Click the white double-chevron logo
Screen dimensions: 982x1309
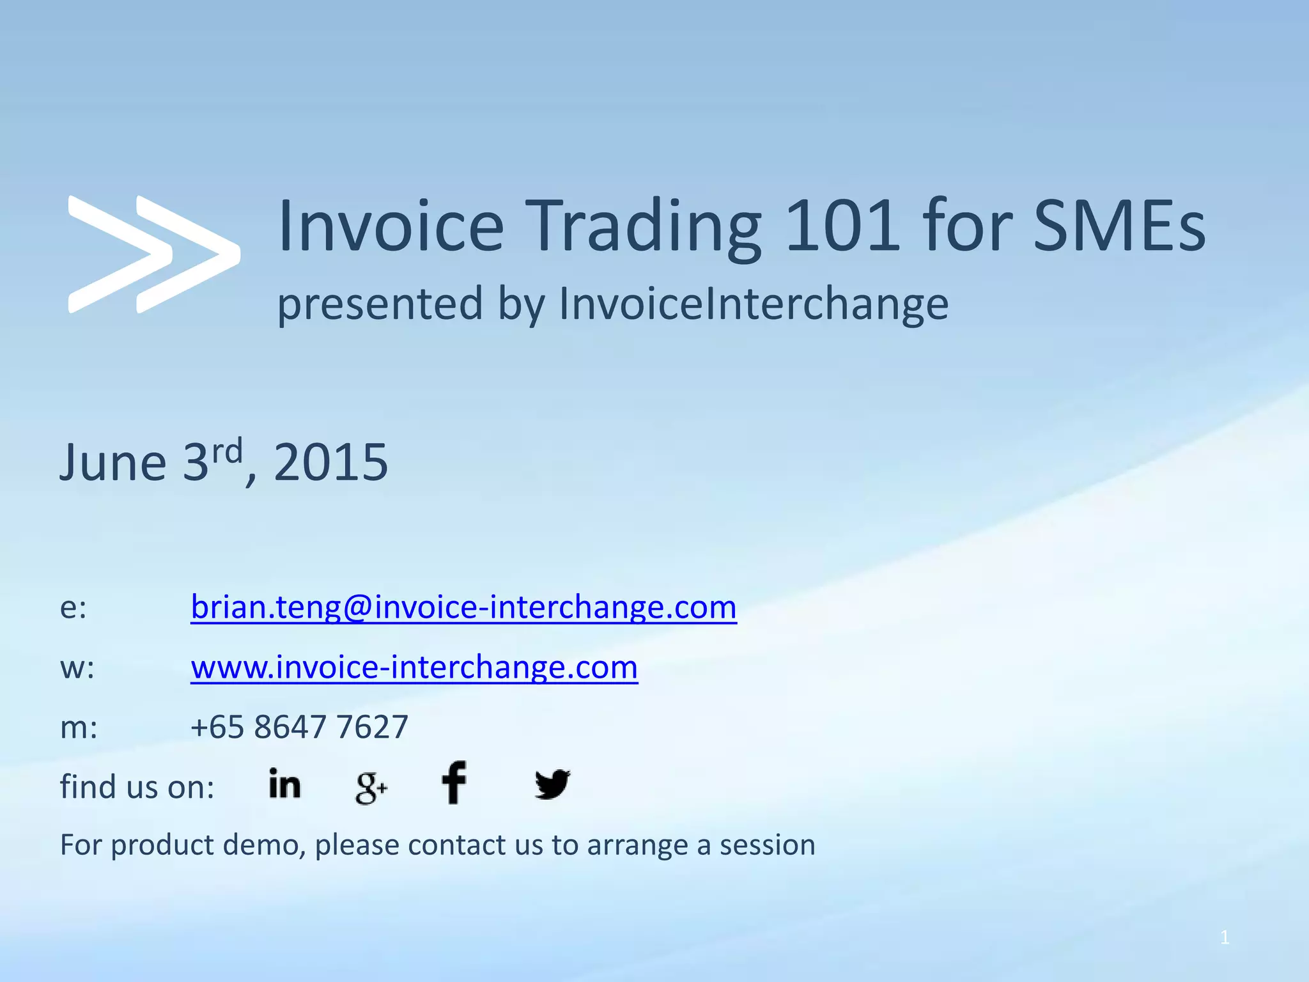click(x=153, y=254)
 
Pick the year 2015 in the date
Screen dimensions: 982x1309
click(x=330, y=462)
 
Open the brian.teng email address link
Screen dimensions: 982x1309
click(x=463, y=607)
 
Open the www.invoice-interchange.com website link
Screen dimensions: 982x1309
click(x=414, y=667)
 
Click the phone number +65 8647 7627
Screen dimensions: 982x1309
click(x=299, y=727)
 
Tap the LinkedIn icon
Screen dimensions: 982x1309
click(x=284, y=784)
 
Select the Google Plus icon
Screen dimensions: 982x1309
click(x=371, y=787)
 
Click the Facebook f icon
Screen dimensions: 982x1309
click(x=454, y=783)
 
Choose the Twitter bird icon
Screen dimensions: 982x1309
click(x=552, y=784)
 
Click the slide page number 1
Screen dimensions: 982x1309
click(x=1224, y=938)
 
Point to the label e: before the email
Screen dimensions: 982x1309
click(x=73, y=608)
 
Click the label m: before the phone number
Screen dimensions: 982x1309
click(x=79, y=728)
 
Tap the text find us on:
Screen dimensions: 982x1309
click(x=137, y=787)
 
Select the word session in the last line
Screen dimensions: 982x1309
click(x=767, y=845)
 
